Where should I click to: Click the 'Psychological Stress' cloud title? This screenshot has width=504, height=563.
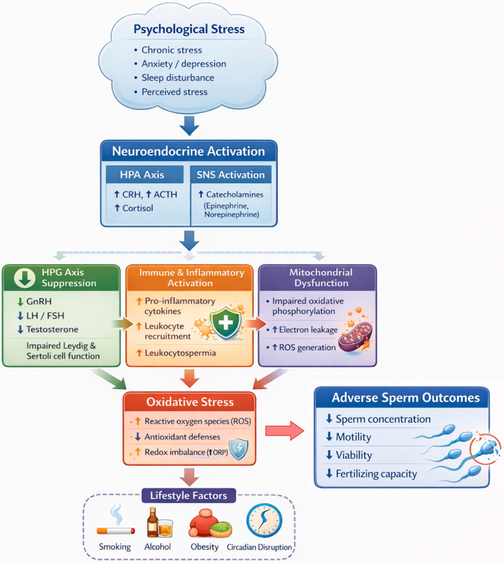click(189, 29)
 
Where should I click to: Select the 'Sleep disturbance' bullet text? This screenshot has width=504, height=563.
click(178, 78)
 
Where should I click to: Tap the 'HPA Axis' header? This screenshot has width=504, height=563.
click(142, 175)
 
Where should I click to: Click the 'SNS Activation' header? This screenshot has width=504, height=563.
click(231, 175)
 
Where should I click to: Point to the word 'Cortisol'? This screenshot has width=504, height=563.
click(138, 209)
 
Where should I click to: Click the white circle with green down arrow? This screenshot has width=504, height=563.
click(24, 278)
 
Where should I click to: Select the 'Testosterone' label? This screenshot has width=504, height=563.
click(52, 329)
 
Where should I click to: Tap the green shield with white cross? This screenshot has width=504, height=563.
click(225, 323)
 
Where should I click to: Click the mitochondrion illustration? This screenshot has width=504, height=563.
click(355, 336)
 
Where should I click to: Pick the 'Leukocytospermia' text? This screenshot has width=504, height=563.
click(180, 353)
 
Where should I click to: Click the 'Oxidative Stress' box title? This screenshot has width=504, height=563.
click(189, 402)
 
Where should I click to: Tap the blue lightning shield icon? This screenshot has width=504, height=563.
click(238, 449)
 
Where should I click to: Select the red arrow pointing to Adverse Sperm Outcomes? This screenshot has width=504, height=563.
click(285, 431)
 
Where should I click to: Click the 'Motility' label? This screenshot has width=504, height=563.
click(354, 437)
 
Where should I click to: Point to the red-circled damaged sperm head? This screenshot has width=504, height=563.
click(485, 448)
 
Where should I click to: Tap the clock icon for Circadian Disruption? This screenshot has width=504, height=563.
click(264, 521)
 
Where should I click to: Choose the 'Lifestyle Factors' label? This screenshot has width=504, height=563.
click(188, 495)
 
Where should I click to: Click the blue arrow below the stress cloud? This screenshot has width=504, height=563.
click(189, 125)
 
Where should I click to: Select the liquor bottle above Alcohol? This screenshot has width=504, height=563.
click(153, 522)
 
